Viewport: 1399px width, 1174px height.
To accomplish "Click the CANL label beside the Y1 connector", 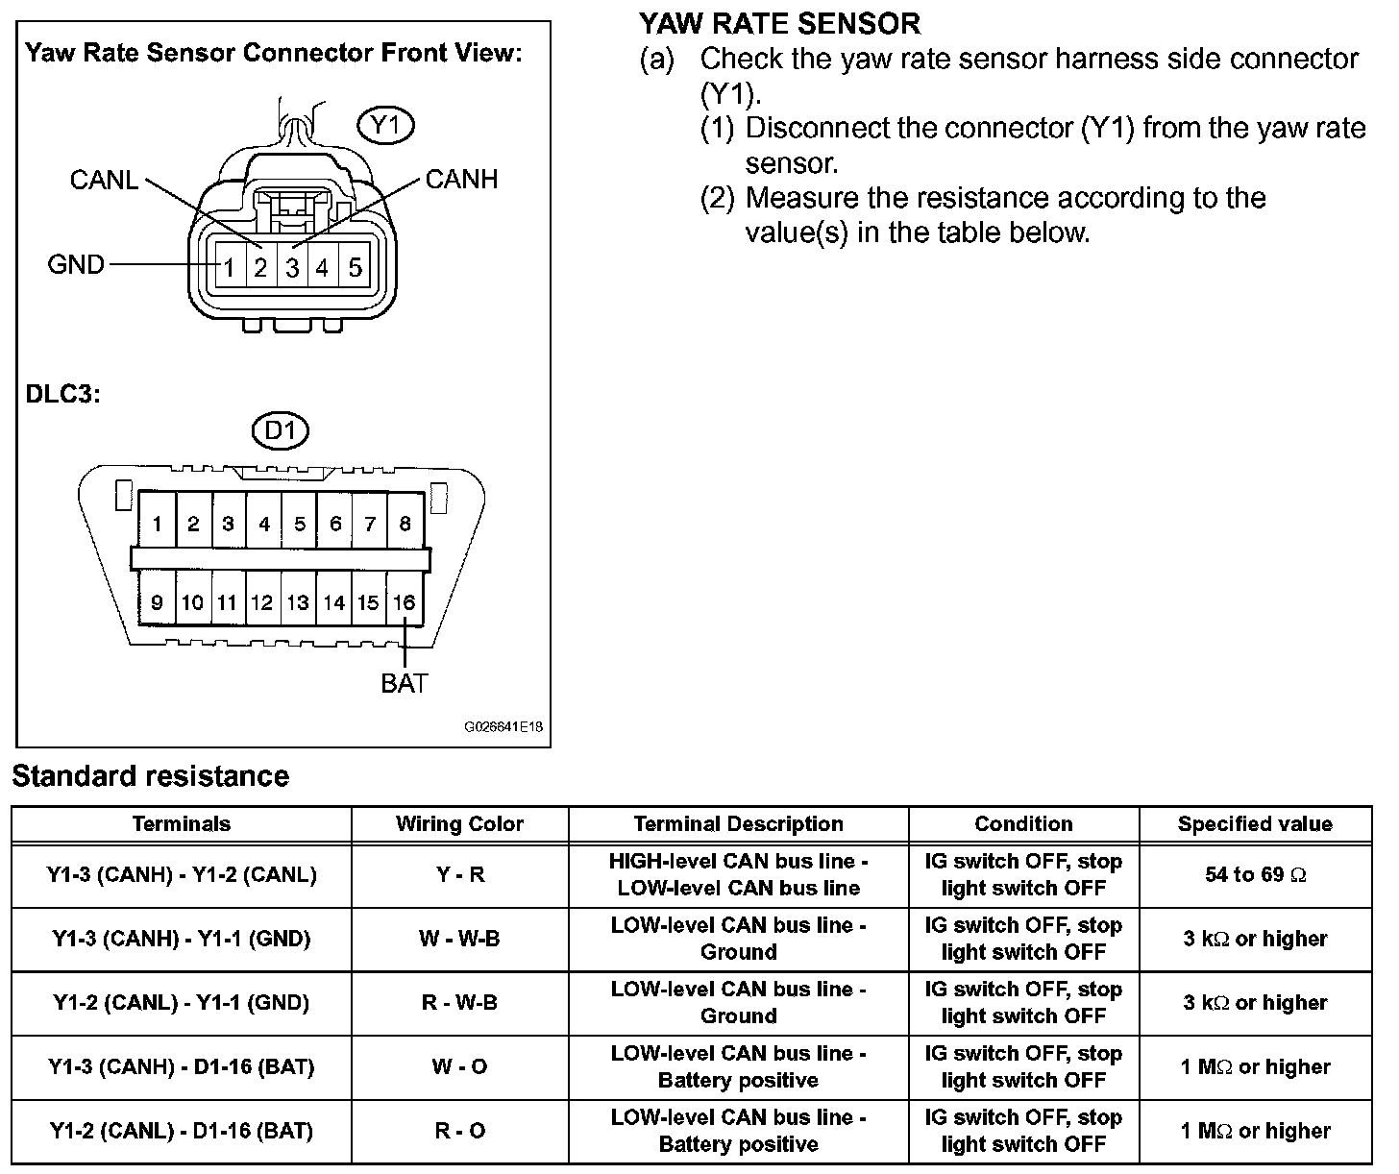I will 104,180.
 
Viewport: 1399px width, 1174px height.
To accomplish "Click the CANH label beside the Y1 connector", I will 461,180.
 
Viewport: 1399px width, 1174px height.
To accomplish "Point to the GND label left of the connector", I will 76,264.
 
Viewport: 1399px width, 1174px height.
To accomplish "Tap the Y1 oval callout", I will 385,126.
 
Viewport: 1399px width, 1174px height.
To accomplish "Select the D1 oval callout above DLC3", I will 280,431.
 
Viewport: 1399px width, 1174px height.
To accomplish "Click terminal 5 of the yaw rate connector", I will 355,267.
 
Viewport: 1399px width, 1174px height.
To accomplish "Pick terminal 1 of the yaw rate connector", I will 230,267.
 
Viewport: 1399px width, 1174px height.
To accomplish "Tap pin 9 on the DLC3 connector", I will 157,602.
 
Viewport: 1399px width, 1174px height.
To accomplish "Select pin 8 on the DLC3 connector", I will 405,524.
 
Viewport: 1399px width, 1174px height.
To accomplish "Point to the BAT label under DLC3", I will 405,684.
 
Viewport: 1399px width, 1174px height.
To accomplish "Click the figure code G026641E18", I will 503,727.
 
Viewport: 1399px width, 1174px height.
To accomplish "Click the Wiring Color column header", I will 459,824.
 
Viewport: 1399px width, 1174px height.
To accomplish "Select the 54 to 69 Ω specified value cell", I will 1255,875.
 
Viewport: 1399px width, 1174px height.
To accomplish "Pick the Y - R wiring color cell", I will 459,875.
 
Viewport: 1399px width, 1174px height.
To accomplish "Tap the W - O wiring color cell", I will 459,1067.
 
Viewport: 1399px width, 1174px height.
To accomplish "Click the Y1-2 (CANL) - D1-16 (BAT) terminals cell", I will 182,1131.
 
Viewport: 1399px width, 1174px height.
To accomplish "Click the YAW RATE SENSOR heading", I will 779,23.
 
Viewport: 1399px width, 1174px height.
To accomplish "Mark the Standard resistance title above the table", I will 151,776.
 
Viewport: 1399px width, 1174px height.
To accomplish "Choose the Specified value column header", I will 1255,824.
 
